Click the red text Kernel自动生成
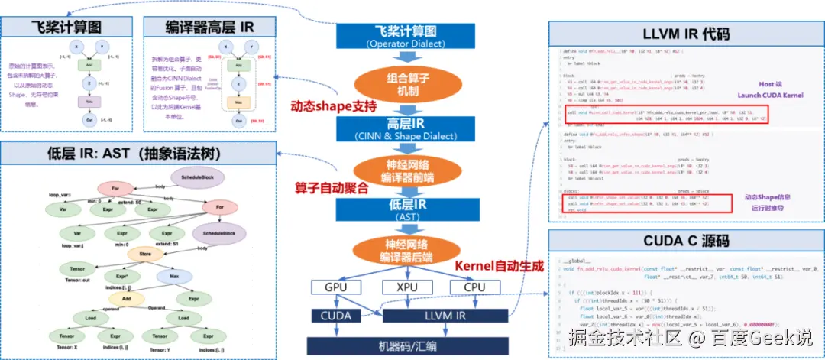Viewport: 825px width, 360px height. click(499, 267)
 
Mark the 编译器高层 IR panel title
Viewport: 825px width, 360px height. click(209, 27)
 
